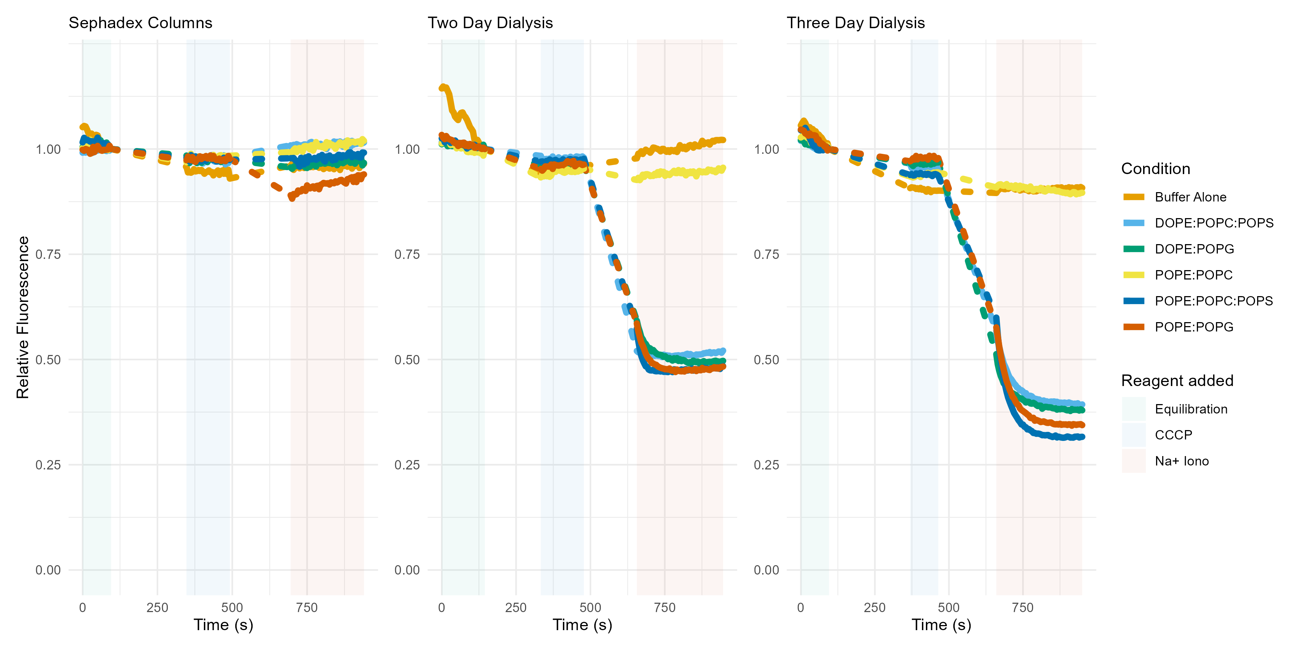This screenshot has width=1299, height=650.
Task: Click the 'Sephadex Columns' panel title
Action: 140,23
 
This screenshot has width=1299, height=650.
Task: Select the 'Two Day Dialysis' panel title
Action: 490,23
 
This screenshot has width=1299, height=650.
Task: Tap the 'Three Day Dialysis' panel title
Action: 856,23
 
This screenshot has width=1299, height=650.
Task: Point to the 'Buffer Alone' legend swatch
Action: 1134,197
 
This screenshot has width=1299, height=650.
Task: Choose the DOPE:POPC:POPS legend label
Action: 1214,223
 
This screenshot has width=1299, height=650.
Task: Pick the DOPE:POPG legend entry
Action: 1194,249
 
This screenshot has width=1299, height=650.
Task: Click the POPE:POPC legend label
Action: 1194,275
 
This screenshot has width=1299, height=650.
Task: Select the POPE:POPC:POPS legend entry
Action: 1214,301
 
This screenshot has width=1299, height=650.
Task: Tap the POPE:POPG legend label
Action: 1194,327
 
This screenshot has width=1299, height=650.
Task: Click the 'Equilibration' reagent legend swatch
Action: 1134,409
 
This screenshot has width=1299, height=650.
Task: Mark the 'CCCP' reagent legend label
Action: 1173,435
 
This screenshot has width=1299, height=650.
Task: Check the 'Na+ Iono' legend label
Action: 1181,461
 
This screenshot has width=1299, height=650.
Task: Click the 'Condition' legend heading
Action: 1155,169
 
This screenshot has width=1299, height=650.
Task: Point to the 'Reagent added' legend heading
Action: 1177,381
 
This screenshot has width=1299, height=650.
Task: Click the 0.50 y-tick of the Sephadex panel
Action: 48,360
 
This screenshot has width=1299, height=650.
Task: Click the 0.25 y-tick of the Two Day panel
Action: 407,465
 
